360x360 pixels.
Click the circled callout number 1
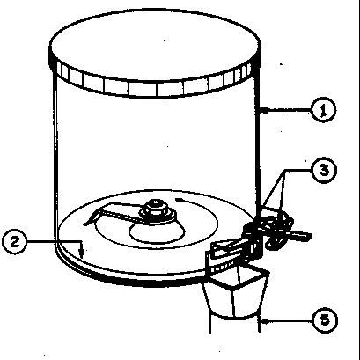(323, 110)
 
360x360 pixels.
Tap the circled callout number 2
(15, 242)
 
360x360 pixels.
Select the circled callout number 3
(324, 171)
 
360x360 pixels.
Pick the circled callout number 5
(325, 320)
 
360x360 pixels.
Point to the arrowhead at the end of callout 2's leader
(82, 253)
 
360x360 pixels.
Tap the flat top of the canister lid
(155, 44)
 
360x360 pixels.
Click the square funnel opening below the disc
(240, 275)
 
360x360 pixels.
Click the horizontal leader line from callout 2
(55, 241)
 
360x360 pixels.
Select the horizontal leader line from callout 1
(289, 110)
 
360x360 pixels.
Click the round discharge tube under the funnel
(235, 323)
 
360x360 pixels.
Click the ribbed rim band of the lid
(155, 79)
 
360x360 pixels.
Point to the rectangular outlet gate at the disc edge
(227, 249)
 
